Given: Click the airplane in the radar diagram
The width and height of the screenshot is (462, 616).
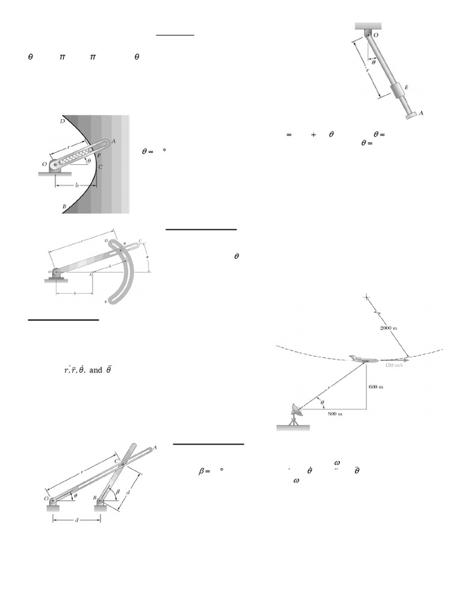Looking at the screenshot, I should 363,360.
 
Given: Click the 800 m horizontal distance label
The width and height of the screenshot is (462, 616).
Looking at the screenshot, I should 336,414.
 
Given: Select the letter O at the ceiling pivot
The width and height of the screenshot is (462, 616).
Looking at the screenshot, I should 376,35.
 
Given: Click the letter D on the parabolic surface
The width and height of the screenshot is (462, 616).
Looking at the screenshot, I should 62,121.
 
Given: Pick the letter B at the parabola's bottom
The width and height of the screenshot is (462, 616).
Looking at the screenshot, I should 64,206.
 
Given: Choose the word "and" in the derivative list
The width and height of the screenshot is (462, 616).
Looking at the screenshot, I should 96,371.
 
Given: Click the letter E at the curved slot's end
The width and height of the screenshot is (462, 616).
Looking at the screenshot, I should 106,301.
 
